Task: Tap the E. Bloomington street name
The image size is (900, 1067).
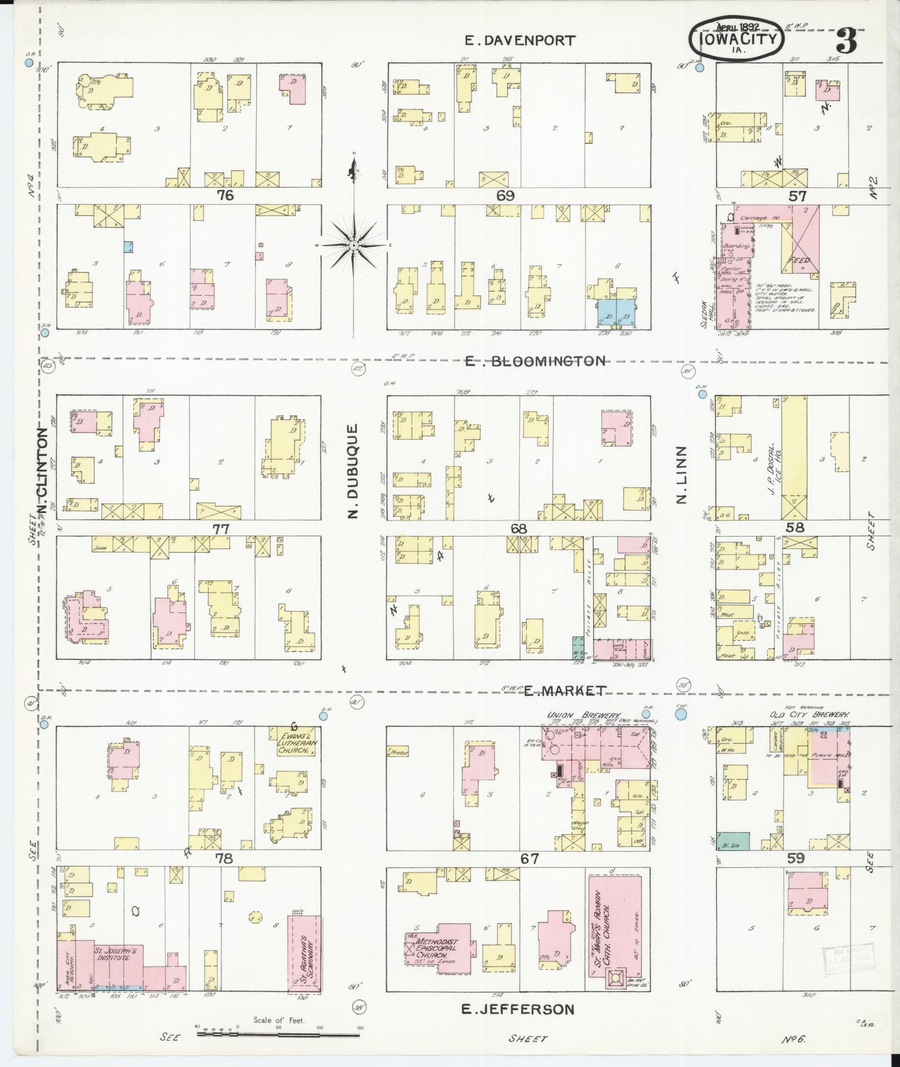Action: tap(535, 361)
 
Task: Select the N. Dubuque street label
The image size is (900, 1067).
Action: tap(352, 471)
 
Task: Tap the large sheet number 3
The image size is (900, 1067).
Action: tap(847, 41)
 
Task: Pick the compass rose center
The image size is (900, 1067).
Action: tap(354, 245)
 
